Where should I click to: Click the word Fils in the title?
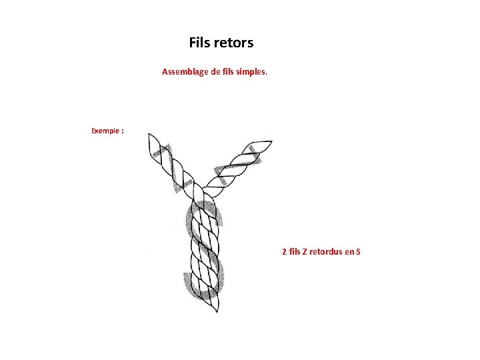coord(199,43)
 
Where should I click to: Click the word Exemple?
coord(105,131)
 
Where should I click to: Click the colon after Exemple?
coord(122,131)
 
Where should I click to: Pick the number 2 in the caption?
coord(285,252)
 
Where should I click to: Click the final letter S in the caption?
coord(358,252)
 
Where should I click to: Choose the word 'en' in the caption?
coord(349,252)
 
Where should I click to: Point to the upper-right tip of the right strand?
coord(271,142)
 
